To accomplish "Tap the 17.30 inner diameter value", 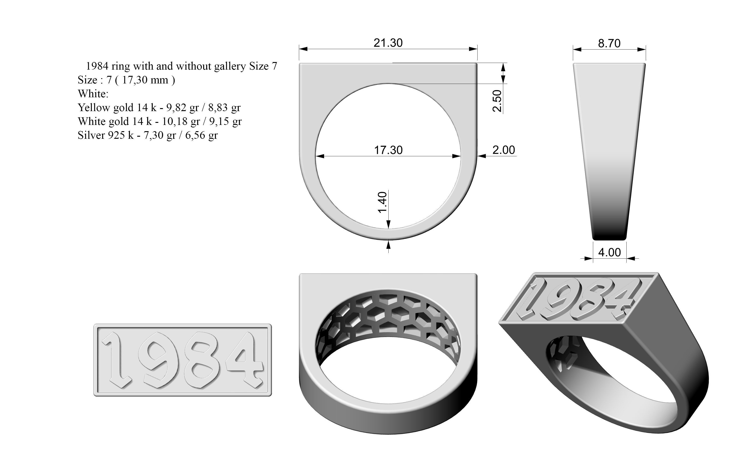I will (388, 150).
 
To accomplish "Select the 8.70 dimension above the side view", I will (609, 44).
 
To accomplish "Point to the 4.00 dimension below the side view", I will (609, 252).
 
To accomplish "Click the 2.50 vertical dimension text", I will (497, 101).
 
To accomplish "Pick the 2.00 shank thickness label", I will (503, 150).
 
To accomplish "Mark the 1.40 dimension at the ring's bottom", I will (382, 202).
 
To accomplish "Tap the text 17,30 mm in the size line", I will (145, 80).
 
